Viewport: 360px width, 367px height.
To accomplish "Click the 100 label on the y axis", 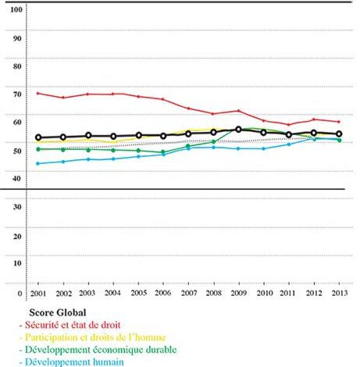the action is click(x=16, y=9).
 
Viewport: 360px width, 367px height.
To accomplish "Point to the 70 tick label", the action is click(x=17, y=94).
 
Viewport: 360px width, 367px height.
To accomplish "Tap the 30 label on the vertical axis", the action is click(x=17, y=207).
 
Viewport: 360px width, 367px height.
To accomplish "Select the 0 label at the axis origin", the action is click(x=20, y=294).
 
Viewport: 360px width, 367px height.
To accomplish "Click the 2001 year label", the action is click(x=38, y=294).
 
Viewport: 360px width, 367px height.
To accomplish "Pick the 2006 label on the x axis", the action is click(x=163, y=293).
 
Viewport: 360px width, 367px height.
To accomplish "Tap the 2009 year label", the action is click(x=239, y=293).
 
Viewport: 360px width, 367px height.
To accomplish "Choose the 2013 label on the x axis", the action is click(x=340, y=293).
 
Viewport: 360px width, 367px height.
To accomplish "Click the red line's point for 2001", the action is click(x=37, y=93).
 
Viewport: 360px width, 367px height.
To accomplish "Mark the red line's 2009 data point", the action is click(x=238, y=111).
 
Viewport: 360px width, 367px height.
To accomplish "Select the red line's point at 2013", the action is click(x=339, y=122).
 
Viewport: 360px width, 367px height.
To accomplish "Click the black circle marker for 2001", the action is click(x=38, y=137).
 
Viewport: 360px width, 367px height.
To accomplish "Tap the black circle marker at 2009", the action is click(x=238, y=130).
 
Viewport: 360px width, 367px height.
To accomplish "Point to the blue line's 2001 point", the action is click(x=37, y=163).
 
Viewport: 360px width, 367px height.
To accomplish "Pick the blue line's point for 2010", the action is click(x=263, y=148).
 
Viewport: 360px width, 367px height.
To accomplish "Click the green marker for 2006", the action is click(x=163, y=151).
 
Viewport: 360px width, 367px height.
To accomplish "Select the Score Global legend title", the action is click(x=58, y=312).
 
